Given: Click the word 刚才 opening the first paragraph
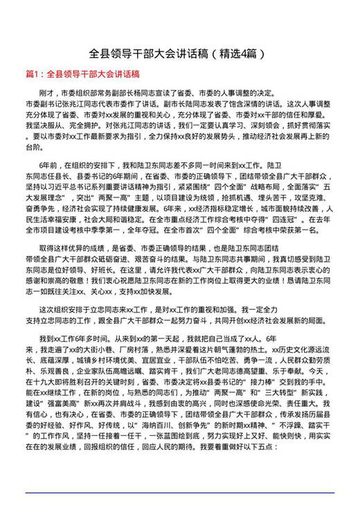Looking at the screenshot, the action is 48,92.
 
